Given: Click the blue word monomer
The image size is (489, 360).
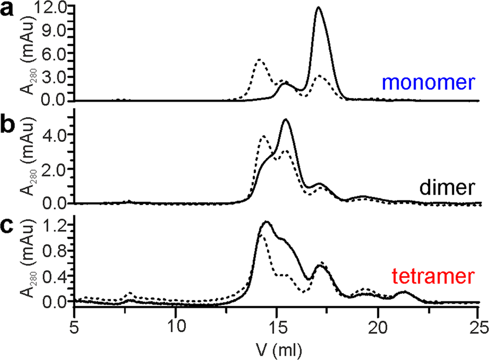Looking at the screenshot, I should click(430, 84).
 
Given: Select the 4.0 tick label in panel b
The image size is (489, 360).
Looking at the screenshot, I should click(56, 134).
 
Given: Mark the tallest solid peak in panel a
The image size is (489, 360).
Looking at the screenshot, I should click(318, 8).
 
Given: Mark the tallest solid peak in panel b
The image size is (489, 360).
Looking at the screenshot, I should click(285, 120).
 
